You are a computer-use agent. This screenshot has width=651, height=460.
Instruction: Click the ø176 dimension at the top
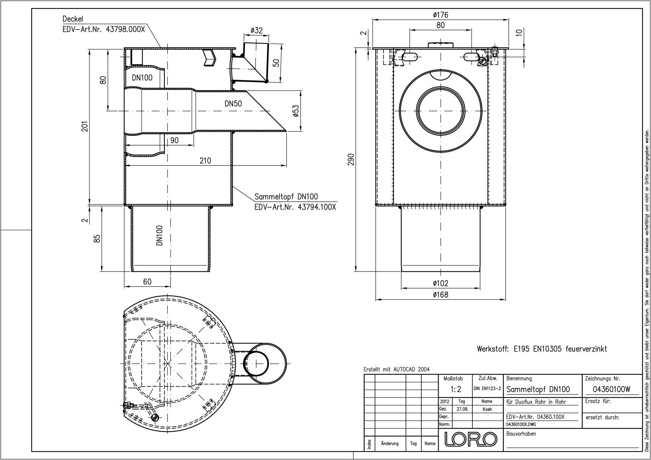[441, 15]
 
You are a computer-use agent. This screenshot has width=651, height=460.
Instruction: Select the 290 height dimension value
[359, 159]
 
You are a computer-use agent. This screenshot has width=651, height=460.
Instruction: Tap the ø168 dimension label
[441, 295]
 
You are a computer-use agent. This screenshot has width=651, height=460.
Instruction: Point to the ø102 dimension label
[441, 283]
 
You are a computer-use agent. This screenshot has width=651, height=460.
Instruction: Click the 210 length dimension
[205, 161]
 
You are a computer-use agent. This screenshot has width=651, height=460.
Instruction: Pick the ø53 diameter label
[295, 111]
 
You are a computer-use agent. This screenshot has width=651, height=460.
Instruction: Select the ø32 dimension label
[256, 30]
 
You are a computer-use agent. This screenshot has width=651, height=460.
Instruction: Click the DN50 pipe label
[233, 104]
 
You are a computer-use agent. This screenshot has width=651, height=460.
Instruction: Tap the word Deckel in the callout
[73, 19]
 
